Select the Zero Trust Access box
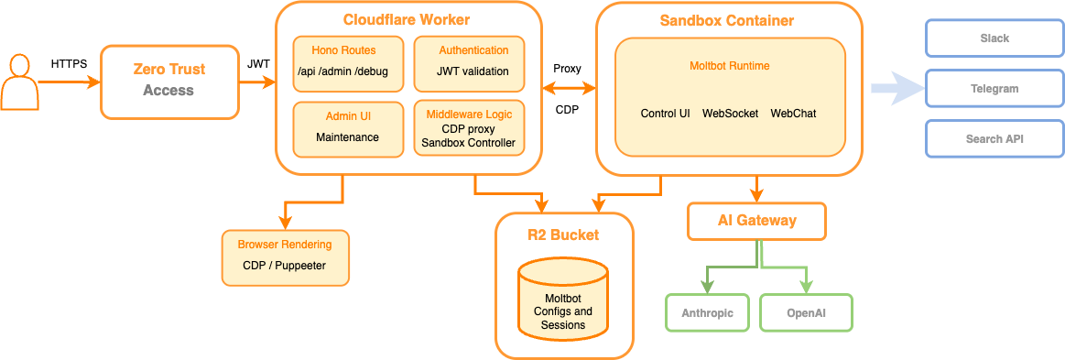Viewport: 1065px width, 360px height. coord(169,81)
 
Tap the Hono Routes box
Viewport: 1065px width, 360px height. coord(343,62)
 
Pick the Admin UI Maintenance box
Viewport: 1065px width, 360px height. coord(347,128)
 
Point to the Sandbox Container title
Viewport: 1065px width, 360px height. coord(727,20)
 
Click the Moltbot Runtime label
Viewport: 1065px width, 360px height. coord(729,66)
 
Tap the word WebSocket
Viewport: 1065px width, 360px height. coord(730,114)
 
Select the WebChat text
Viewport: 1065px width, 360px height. coord(793,114)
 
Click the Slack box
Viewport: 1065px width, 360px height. coord(994,38)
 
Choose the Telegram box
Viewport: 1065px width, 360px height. coord(994,89)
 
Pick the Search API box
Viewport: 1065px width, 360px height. coord(994,139)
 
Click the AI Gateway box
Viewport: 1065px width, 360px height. coord(756,221)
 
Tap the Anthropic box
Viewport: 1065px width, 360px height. coord(707,312)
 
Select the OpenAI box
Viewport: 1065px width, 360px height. coord(806,312)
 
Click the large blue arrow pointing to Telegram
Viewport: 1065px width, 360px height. coord(895,89)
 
